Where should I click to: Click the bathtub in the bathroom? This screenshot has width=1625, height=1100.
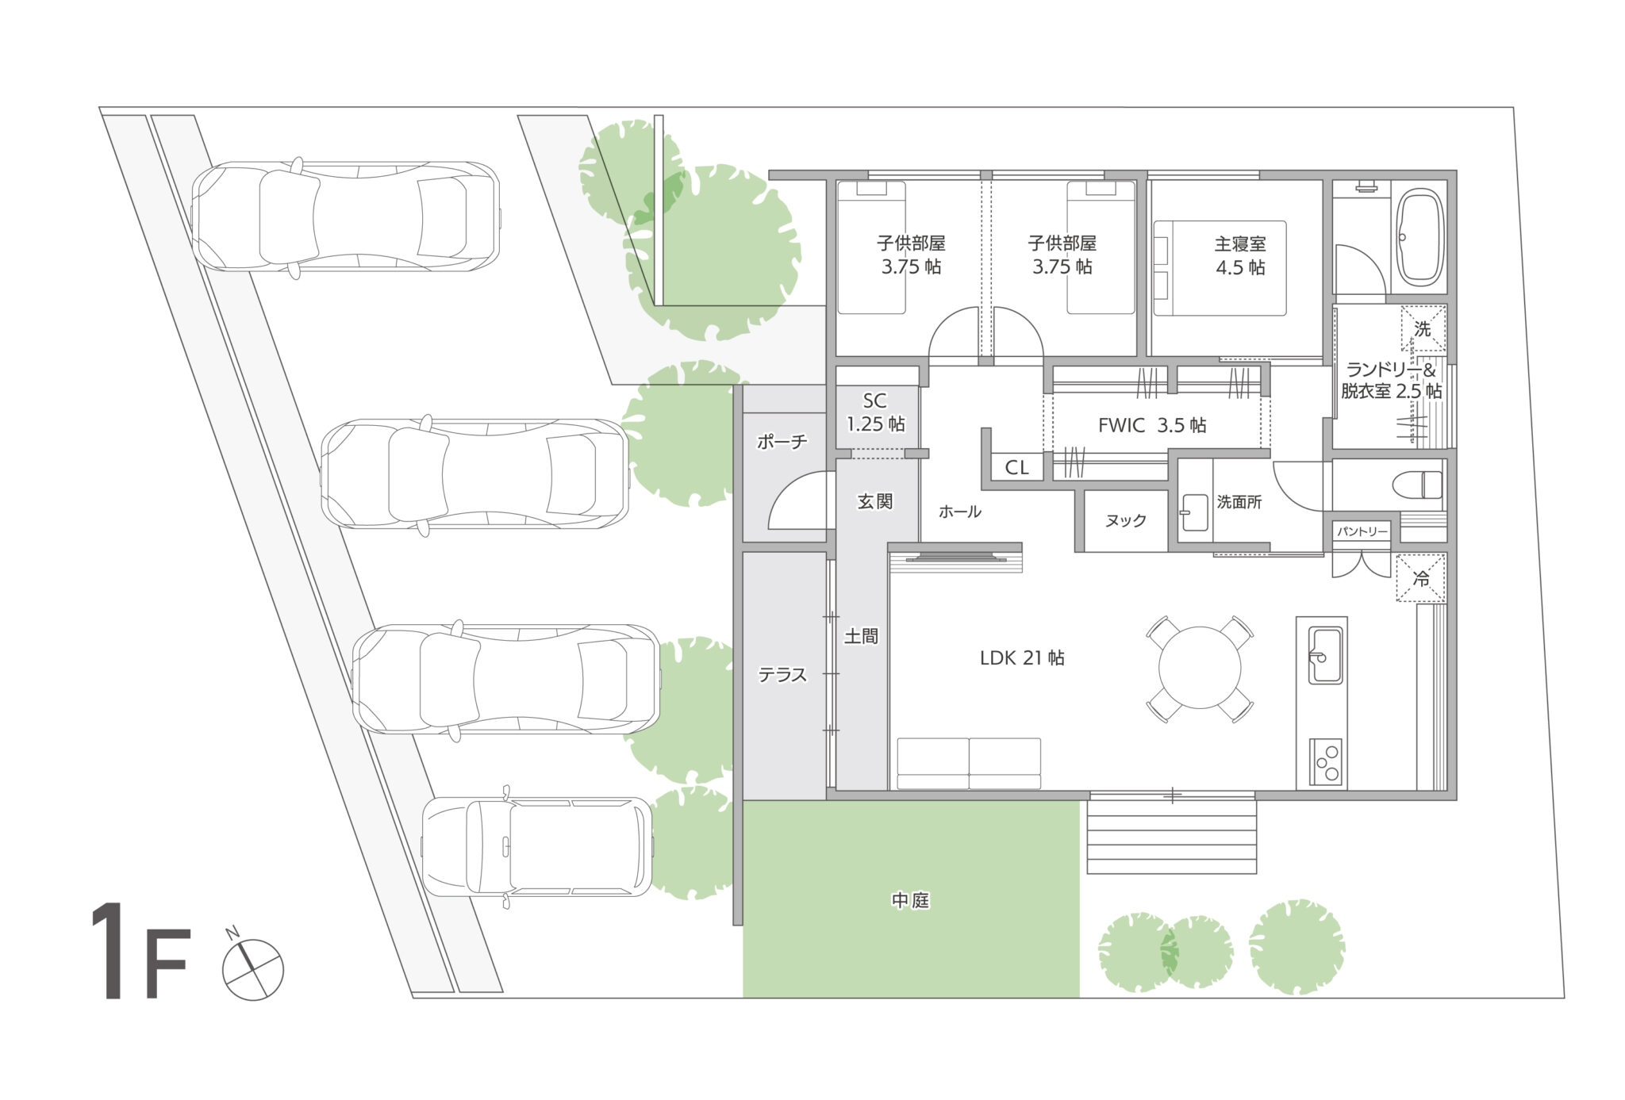tap(1419, 237)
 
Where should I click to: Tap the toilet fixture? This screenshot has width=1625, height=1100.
tap(1420, 485)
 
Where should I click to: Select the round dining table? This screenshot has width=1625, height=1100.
tap(1200, 668)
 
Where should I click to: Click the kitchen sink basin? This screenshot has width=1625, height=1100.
tap(1325, 655)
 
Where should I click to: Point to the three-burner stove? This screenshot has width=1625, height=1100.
tap(1325, 762)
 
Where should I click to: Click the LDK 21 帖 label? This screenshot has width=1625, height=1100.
tap(1022, 657)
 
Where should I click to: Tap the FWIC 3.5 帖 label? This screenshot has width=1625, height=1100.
tap(1152, 426)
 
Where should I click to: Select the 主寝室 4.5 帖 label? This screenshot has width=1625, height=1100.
tap(1240, 255)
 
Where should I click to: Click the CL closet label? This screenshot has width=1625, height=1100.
tap(1016, 468)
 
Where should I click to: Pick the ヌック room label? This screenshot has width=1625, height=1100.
tap(1125, 520)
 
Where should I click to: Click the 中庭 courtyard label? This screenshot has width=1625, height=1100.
tap(910, 900)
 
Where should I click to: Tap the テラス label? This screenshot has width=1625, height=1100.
tap(782, 675)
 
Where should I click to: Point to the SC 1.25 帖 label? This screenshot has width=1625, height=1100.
tap(875, 412)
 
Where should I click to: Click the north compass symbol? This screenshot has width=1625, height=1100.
tap(252, 968)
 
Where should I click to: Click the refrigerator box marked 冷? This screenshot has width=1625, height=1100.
tap(1420, 579)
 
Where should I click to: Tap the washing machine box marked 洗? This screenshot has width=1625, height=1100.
tap(1423, 328)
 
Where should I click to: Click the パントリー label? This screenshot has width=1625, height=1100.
tap(1362, 531)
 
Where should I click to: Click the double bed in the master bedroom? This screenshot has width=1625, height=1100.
tap(1220, 269)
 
